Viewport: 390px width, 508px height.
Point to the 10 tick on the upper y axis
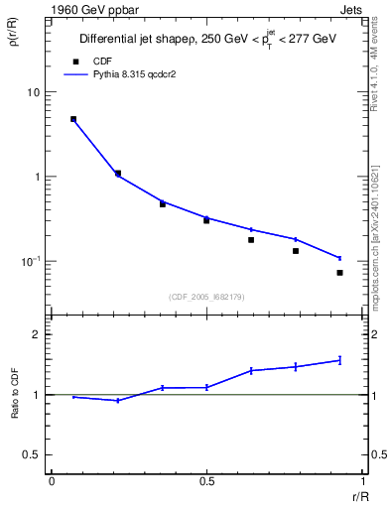(32, 92)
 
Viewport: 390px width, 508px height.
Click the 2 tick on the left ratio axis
(36, 335)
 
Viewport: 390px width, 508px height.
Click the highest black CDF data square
(73, 119)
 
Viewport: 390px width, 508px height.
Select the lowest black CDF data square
(339, 273)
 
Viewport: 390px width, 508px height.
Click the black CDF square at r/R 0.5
(206, 220)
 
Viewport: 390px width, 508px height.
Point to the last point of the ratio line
(339, 360)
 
